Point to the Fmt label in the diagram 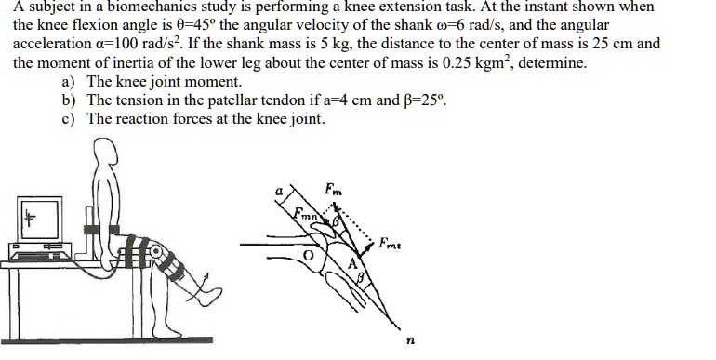391,244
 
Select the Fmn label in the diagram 306,216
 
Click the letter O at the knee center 300,254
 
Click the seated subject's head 106,153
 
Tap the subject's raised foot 208,296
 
